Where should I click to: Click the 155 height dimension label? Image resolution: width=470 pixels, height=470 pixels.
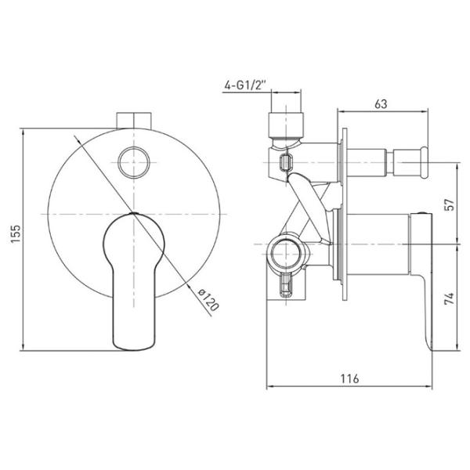click(16, 234)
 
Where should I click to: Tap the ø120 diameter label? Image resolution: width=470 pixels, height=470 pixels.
click(208, 300)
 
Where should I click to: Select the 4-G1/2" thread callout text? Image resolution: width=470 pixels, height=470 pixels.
click(245, 85)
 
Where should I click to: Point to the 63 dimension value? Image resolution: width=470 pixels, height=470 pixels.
click(381, 103)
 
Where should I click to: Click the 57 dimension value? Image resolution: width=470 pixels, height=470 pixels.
click(450, 204)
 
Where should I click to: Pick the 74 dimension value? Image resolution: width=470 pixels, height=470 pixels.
click(450, 299)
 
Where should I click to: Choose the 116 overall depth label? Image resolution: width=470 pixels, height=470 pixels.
click(349, 378)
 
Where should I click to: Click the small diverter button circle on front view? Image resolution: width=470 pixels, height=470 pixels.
click(134, 162)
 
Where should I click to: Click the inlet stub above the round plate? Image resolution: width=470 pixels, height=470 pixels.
click(134, 121)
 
